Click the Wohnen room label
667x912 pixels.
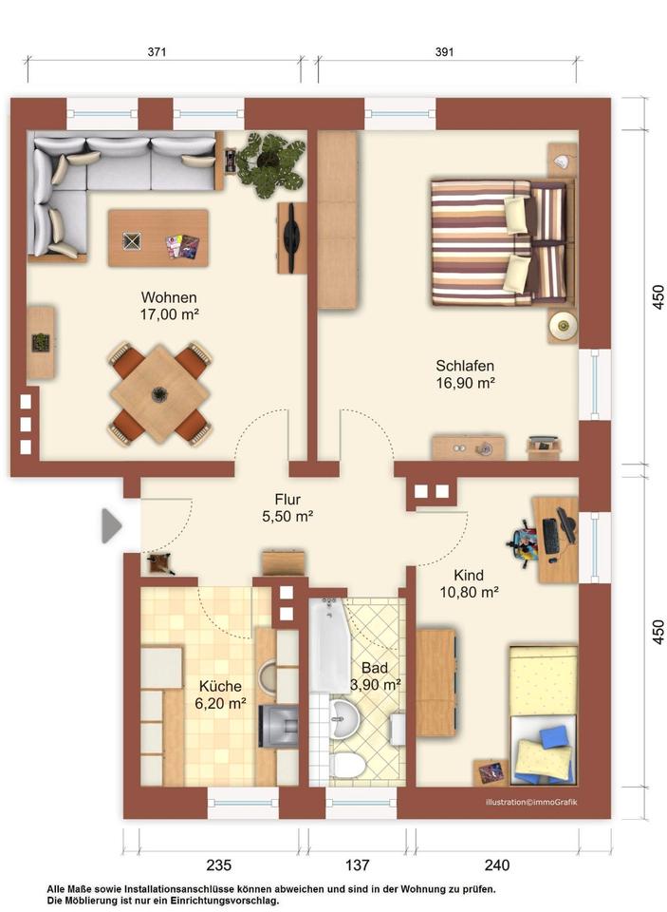point(169,297)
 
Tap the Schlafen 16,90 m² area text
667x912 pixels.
point(466,383)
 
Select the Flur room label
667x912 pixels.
point(287,500)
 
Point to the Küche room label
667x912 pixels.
point(220,686)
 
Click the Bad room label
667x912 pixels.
point(374,668)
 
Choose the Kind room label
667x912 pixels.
point(469,576)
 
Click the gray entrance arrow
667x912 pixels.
point(112,525)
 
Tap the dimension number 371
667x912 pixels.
point(157,51)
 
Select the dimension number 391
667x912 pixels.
point(444,51)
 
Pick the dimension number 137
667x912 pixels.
point(358,865)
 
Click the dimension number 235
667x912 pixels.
point(219,865)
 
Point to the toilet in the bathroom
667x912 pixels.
point(347,764)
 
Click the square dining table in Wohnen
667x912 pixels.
point(159,393)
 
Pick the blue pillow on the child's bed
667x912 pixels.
point(556,735)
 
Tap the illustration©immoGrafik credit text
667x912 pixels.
point(531,803)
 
